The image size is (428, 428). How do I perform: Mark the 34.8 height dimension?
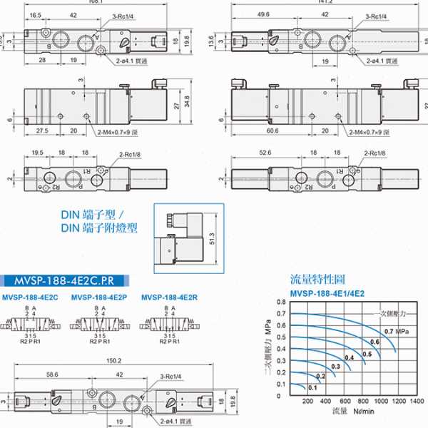tap(186, 101)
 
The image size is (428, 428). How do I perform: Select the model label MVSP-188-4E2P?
tap(100, 297)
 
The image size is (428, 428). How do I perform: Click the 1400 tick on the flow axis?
tap(416, 402)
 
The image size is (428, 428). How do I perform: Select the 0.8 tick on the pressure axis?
tap(281, 302)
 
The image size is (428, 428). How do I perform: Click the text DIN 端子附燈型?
tap(100, 228)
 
